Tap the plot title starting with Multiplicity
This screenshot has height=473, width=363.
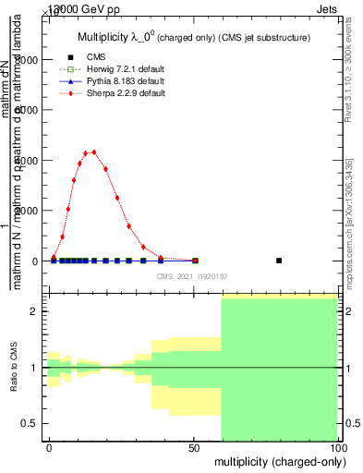click(191, 38)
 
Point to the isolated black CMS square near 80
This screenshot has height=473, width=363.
click(280, 261)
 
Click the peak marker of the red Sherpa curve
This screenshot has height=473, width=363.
click(93, 152)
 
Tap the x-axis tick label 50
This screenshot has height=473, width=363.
click(194, 447)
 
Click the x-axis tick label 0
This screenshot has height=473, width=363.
click(49, 447)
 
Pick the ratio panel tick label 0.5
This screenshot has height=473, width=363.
click(29, 424)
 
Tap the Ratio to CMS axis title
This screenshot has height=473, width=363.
click(14, 368)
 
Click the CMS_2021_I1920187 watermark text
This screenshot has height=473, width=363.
click(191, 275)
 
